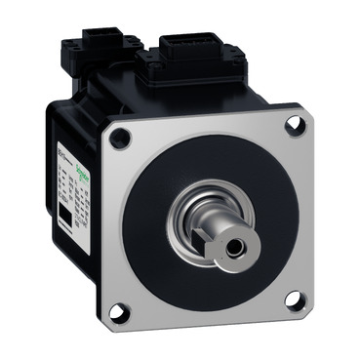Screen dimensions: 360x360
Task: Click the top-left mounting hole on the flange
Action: tap(122, 139)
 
